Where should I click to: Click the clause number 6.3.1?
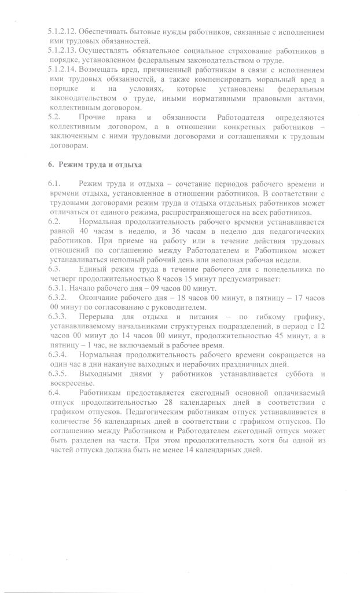point(58,288)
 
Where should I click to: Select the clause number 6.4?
point(55,393)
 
